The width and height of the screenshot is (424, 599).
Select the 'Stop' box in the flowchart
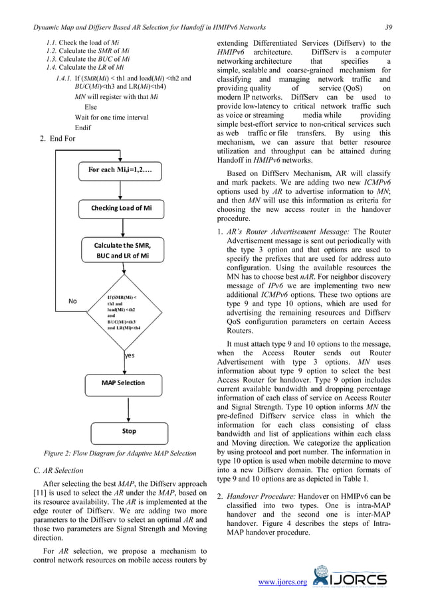pyautogui.click(x=128, y=431)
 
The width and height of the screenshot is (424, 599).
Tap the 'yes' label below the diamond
pyautogui.click(x=130, y=355)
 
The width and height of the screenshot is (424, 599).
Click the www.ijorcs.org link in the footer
pyautogui.click(x=282, y=582)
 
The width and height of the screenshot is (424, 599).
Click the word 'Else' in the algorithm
pyautogui.click(x=90, y=106)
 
